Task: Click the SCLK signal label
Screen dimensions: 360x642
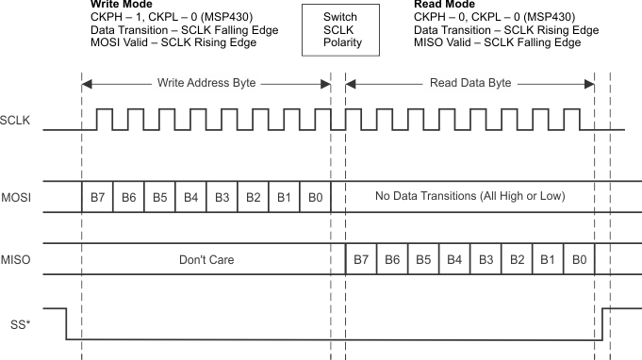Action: [x=17, y=120]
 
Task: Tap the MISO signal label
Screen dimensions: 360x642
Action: [x=17, y=258]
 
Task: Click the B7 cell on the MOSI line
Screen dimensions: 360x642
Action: [x=97, y=197]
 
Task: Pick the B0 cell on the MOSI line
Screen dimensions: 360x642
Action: [x=315, y=197]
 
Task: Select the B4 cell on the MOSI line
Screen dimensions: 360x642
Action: [x=190, y=197]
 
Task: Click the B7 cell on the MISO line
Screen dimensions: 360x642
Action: [x=361, y=258]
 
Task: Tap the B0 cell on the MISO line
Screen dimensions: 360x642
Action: [x=578, y=258]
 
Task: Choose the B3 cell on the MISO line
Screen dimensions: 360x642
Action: [x=486, y=258]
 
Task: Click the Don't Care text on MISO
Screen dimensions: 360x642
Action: [x=206, y=258]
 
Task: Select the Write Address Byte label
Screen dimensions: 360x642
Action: [x=206, y=84]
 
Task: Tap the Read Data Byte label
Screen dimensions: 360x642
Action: [x=470, y=84]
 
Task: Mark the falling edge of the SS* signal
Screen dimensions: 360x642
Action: [x=66, y=322]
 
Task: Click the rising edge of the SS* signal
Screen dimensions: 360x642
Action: [x=602, y=322]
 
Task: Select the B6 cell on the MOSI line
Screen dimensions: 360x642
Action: [x=128, y=197]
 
